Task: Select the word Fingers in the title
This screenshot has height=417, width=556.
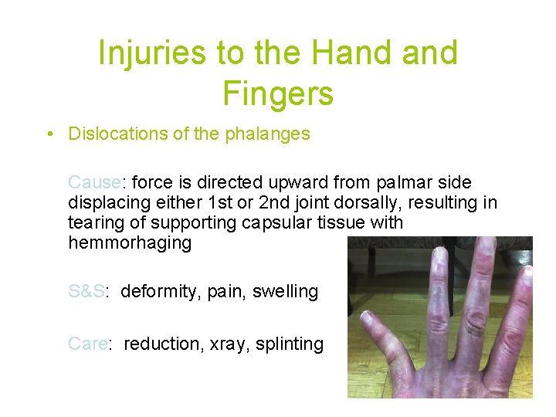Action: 278,93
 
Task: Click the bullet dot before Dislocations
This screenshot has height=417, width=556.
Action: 49,134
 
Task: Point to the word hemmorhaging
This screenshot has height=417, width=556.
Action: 130,242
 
